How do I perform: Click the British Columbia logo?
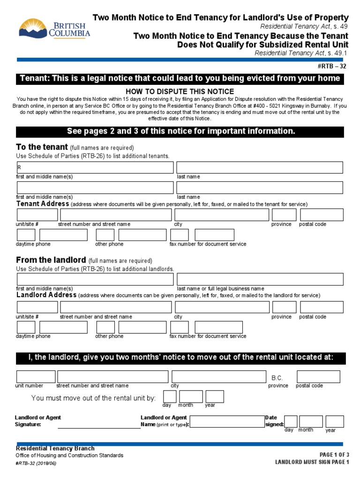click(x=54, y=29)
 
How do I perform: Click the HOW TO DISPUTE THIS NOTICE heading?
click(x=180, y=91)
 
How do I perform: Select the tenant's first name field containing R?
click(x=95, y=167)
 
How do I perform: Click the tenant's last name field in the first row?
click(x=260, y=167)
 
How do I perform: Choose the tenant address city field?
click(x=222, y=215)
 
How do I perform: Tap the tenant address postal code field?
click(x=322, y=215)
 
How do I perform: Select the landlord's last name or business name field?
click(x=260, y=279)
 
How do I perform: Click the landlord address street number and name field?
click(x=115, y=307)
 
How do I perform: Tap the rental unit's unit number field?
click(x=36, y=376)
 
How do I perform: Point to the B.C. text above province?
click(x=277, y=377)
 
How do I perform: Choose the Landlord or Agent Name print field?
click(x=226, y=421)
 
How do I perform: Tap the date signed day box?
click(x=291, y=421)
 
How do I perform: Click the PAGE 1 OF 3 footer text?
click(x=334, y=454)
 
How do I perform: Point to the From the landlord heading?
click(x=51, y=260)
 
